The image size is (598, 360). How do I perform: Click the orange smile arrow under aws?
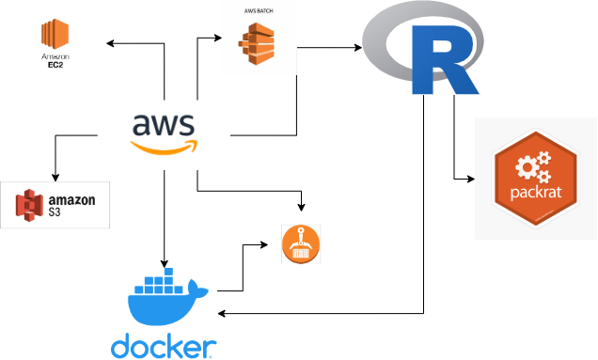165,147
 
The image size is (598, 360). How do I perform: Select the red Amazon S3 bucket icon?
30,205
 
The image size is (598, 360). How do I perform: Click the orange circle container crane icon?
300,244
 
